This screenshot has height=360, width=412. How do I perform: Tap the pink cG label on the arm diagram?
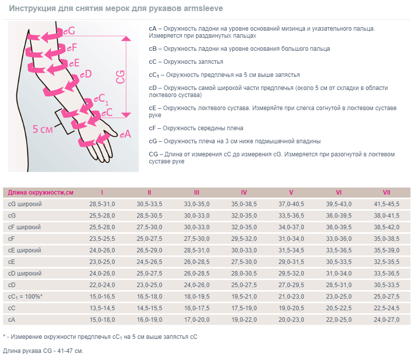pos(68,31)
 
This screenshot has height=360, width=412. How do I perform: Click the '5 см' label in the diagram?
pos(43,129)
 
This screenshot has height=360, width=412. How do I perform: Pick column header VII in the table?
pos(386,193)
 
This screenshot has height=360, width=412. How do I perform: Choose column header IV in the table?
pos(244,193)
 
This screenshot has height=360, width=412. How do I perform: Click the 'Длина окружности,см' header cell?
pos(41,193)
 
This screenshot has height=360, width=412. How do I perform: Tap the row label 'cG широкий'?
pos(25,204)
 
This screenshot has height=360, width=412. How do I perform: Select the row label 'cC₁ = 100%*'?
pos(26,297)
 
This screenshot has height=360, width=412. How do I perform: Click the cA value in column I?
pos(102,320)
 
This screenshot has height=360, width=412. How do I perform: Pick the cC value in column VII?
pos(386,308)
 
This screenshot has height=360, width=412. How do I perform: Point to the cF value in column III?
pos(197,239)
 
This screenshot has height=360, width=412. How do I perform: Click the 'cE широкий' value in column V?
pos(291,250)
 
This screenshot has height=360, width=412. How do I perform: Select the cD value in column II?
pos(149,285)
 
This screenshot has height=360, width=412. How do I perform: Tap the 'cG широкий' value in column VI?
pos(339,204)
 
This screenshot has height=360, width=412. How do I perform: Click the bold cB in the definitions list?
pos(153,49)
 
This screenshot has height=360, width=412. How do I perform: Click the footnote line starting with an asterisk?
pos(100,337)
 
